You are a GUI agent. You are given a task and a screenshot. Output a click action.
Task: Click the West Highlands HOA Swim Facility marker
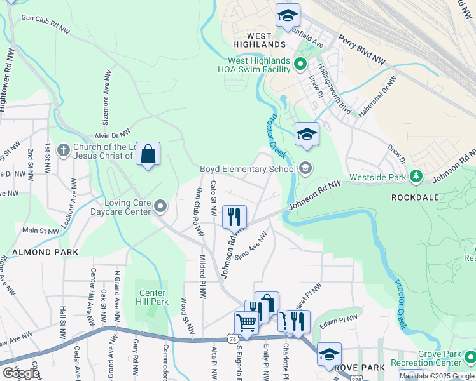pyautogui.click(x=300, y=63)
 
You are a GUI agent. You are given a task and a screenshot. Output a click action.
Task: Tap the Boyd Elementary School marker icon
pyautogui.click(x=305, y=168)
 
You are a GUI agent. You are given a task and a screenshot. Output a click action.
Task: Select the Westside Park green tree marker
pyautogui.click(x=416, y=175)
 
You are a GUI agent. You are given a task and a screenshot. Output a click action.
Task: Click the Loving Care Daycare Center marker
pyautogui.click(x=160, y=206)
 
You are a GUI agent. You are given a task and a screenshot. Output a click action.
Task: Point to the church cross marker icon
pyautogui.click(x=62, y=150)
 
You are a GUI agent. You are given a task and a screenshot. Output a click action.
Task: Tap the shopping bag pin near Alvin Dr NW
pyautogui.click(x=148, y=154)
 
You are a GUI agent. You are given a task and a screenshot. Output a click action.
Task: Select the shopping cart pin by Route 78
pyautogui.click(x=246, y=322)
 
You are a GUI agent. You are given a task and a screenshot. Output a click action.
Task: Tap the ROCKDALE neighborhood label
pyautogui.click(x=417, y=197)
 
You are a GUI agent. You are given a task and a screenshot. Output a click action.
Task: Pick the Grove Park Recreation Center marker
pyautogui.click(x=469, y=358)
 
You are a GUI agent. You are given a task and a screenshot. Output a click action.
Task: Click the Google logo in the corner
pyautogui.click(x=20, y=373)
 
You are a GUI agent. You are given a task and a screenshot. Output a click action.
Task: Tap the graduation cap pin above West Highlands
pyautogui.click(x=288, y=15)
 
